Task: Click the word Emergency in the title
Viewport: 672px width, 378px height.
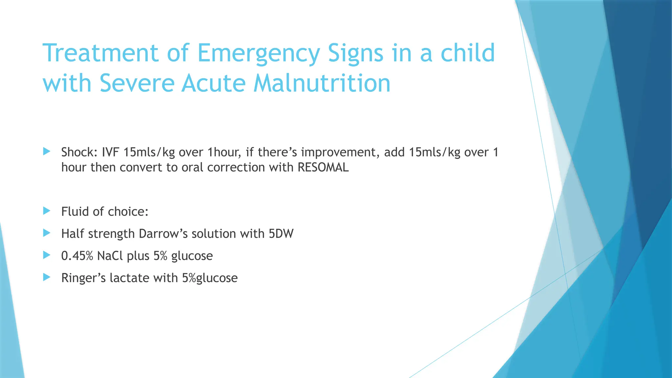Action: [258, 53]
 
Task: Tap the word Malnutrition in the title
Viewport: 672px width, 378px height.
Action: [322, 83]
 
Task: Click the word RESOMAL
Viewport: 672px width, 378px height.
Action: [323, 167]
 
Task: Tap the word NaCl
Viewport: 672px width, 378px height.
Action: [110, 256]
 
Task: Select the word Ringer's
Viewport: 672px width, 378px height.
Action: [83, 278]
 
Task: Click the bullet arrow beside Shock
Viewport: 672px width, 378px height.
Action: [47, 152]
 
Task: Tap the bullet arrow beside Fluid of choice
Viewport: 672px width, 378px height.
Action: [47, 211]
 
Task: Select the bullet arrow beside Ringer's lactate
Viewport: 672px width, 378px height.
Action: [47, 278]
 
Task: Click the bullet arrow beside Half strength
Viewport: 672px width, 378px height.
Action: [47, 233]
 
